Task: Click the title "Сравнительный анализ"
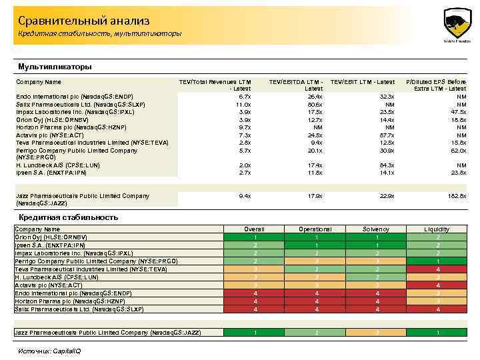[x=84, y=21]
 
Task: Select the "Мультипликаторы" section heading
[x=55, y=67]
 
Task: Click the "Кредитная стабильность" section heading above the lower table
[x=69, y=217]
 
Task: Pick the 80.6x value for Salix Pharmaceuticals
[x=315, y=105]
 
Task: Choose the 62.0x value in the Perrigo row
[x=457, y=151]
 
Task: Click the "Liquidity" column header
[x=437, y=229]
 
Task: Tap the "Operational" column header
[x=315, y=229]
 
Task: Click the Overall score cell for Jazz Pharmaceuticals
[x=255, y=333]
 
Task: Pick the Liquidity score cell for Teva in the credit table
[x=437, y=269]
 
